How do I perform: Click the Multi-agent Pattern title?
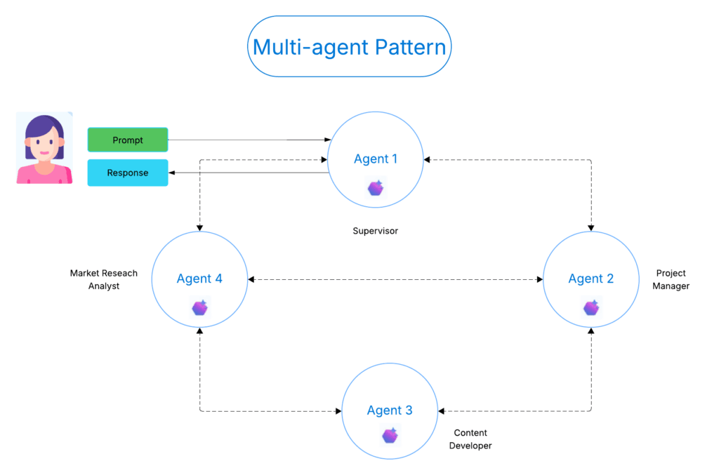pos(349,47)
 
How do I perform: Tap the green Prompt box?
pos(128,140)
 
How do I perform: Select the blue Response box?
pos(128,173)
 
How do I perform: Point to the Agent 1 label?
pos(376,159)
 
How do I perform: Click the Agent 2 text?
pos(591,279)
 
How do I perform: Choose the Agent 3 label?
pos(390,410)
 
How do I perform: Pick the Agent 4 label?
pos(199,279)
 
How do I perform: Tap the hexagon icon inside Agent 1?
pos(376,188)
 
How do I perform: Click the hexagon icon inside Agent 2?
pos(591,308)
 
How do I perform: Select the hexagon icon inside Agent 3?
pos(390,436)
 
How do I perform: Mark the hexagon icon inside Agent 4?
pos(199,307)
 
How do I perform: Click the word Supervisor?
pos(375,231)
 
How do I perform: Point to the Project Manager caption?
pos(671,279)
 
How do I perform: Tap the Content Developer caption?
pos(470,439)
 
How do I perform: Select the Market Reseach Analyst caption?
pos(104,279)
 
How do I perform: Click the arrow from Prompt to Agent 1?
pos(246,140)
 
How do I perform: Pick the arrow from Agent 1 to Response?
pos(246,173)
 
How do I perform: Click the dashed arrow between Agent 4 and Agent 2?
pos(395,279)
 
